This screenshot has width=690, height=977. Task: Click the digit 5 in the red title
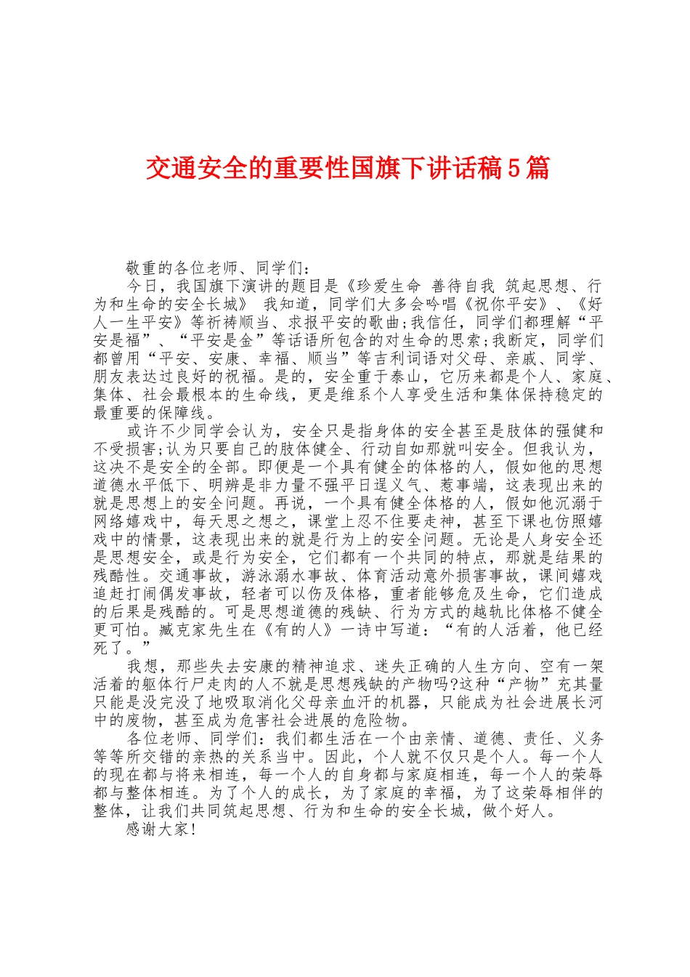pos(514,169)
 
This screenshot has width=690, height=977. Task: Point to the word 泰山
pos(408,377)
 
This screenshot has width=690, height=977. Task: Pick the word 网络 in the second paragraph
pos(110,521)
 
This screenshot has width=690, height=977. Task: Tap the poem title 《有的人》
pos(298,630)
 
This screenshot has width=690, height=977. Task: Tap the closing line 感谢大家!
pos(161,829)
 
